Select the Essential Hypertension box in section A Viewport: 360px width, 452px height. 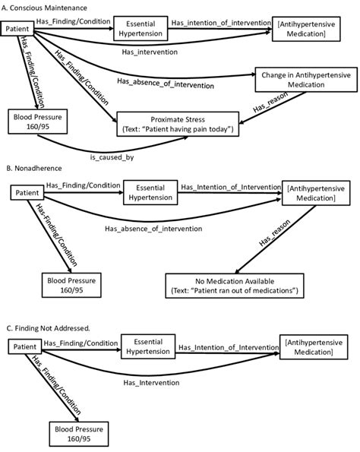pyautogui.click(x=141, y=29)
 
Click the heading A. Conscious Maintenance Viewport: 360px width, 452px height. pyautogui.click(x=49, y=8)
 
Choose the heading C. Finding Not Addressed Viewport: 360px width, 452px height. pyautogui.click(x=49, y=327)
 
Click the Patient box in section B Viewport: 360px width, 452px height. pyautogui.click(x=27, y=193)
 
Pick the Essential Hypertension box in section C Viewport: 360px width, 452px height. pyautogui.click(x=147, y=346)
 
